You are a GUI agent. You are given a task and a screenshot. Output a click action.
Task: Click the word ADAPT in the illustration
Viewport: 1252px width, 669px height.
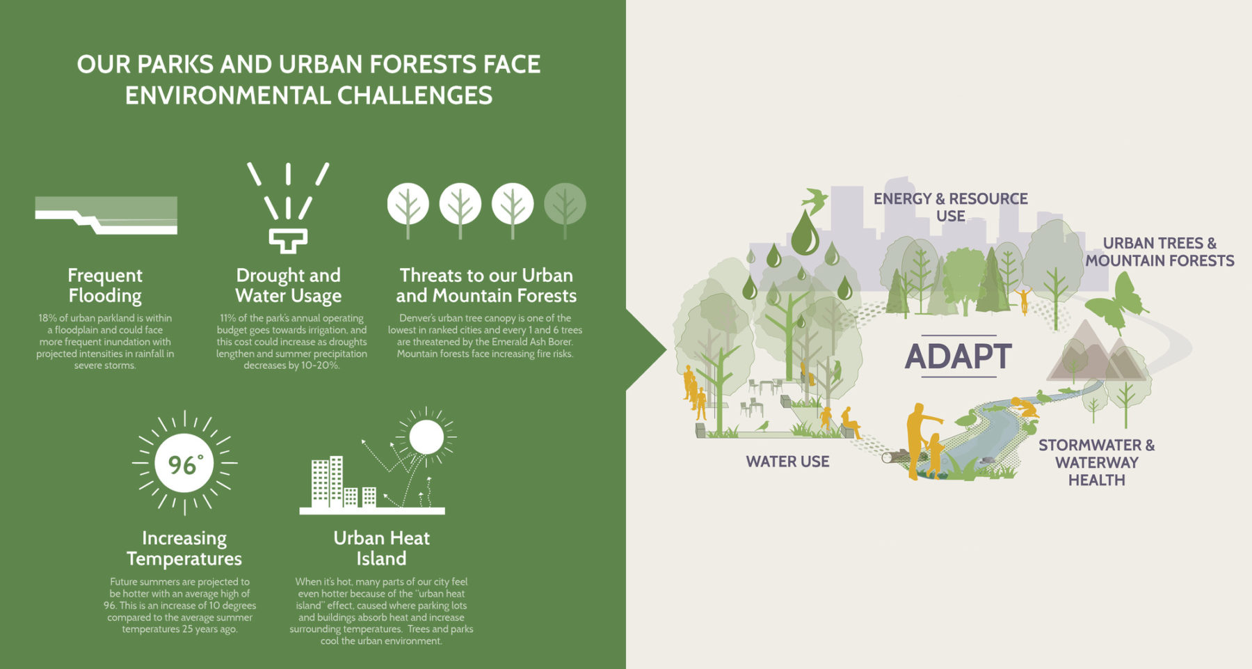(x=958, y=356)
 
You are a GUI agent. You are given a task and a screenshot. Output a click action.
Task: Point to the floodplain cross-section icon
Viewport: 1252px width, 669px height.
(x=106, y=215)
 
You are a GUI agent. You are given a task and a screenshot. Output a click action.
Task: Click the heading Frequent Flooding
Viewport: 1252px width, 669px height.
(x=105, y=285)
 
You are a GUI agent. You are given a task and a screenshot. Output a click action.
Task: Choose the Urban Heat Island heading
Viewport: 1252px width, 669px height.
(x=381, y=548)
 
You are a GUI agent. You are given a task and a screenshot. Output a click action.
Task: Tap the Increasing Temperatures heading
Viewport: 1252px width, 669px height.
(x=184, y=548)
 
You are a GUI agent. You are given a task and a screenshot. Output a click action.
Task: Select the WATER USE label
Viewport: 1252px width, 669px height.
(x=787, y=462)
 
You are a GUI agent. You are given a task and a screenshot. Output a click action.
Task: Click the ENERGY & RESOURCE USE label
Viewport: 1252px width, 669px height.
(x=951, y=207)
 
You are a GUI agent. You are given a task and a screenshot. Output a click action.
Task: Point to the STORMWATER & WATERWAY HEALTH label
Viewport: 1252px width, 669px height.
(x=1097, y=462)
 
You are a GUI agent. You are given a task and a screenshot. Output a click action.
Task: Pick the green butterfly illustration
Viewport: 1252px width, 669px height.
(x=1116, y=304)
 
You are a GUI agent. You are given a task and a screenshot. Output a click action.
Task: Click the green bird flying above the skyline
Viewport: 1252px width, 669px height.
(x=815, y=199)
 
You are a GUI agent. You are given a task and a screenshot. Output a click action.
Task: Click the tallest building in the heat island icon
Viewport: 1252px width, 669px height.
(x=337, y=481)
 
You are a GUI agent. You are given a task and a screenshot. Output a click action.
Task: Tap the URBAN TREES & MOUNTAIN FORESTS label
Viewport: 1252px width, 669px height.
(x=1160, y=252)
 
